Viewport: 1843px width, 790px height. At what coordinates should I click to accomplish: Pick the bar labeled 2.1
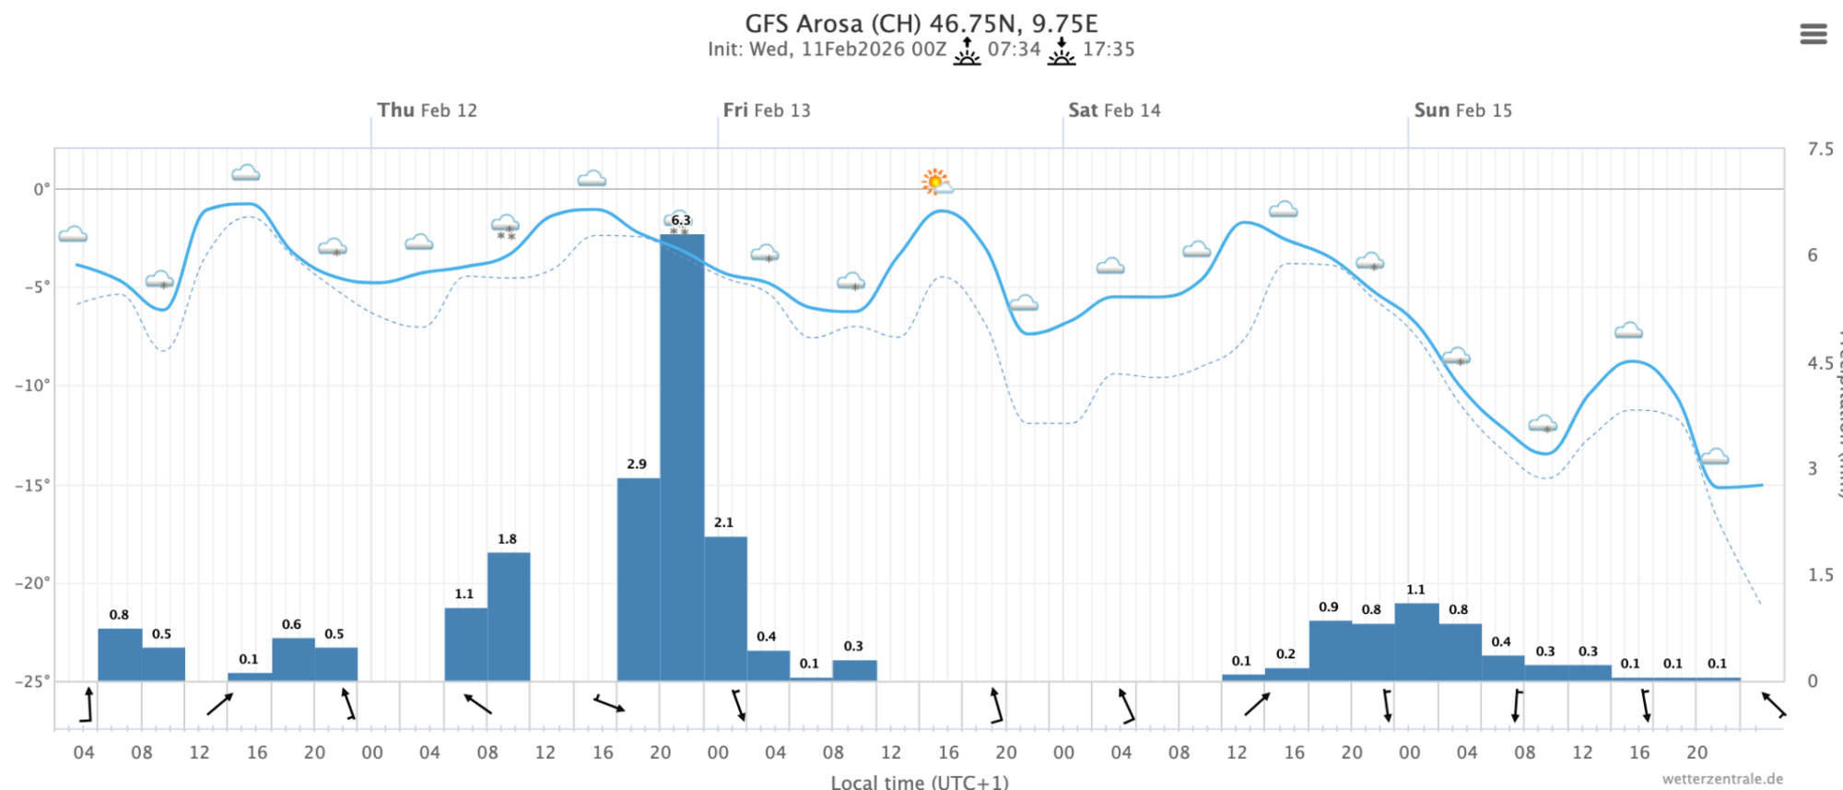(x=725, y=608)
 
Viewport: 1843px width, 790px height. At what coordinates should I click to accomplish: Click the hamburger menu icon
(x=1813, y=34)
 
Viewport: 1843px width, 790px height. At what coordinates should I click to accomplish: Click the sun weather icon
(x=935, y=182)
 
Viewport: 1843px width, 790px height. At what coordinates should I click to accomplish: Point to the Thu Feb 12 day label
(x=427, y=111)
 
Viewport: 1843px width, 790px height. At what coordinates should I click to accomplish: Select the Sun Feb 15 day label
(x=1462, y=111)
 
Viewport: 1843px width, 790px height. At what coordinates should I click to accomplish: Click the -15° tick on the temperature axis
(x=32, y=485)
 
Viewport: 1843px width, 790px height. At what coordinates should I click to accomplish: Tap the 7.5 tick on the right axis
(x=1820, y=149)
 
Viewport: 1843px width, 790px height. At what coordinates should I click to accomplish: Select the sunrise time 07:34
(x=1014, y=50)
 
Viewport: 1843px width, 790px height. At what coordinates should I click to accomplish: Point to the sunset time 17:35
(x=1108, y=50)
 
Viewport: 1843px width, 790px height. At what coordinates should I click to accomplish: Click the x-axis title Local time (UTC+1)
(x=919, y=782)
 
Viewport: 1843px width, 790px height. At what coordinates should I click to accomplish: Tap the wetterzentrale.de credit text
(x=1721, y=779)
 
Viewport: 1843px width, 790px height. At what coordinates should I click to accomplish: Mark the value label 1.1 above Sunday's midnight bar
(x=1415, y=590)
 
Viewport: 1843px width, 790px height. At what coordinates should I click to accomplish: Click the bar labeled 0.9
(x=1330, y=651)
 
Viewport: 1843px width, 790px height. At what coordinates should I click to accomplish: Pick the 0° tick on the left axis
(x=41, y=190)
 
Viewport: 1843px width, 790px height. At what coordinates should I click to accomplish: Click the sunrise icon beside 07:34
(x=967, y=51)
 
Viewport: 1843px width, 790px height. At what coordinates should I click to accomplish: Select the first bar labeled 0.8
(x=120, y=654)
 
